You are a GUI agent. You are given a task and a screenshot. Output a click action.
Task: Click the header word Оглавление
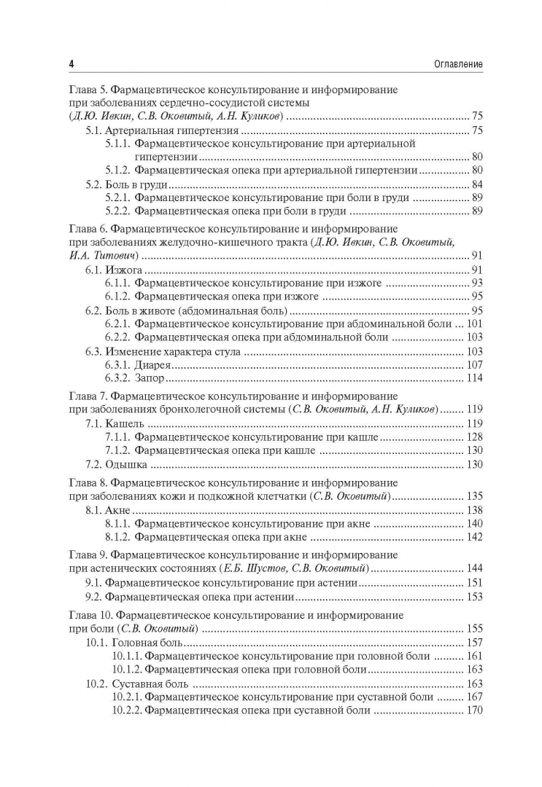pos(452,65)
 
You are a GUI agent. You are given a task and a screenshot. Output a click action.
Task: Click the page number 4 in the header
pos(71,65)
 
